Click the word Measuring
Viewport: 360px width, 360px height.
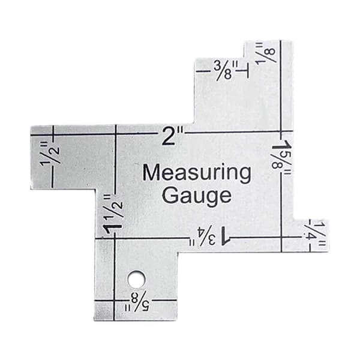[197, 174]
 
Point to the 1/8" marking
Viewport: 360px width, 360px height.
[266, 52]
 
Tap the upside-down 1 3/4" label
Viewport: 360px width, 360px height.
[210, 236]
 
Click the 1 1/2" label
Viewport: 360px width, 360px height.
[113, 214]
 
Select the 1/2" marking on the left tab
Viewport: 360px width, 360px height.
[50, 154]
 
